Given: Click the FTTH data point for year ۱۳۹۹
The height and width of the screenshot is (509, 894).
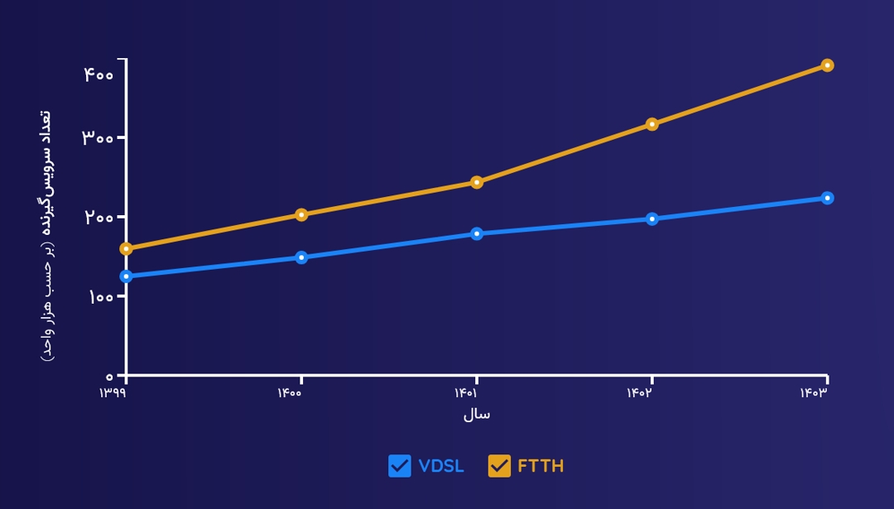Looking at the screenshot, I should tap(126, 248).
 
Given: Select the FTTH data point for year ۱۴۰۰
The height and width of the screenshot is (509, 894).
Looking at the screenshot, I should tap(301, 214).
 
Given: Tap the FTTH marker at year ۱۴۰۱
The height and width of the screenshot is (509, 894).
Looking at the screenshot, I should tap(477, 182).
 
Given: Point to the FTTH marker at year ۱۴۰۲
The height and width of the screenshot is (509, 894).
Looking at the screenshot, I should tap(652, 124).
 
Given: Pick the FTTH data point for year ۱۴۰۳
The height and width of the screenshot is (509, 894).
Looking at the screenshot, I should tap(827, 65).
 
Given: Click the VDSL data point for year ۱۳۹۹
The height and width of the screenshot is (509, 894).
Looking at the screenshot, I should tap(126, 276).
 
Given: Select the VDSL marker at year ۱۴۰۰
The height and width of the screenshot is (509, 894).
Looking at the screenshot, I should tap(301, 257).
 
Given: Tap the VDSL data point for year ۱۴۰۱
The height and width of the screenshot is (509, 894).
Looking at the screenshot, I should tap(477, 233).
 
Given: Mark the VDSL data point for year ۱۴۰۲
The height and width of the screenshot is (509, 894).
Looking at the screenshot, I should tap(652, 219).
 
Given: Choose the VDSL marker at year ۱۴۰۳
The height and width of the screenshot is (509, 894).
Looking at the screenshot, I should tap(827, 198).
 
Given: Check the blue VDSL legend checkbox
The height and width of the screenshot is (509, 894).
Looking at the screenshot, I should tap(400, 466).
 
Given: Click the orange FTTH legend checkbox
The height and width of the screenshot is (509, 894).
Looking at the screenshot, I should tap(499, 466).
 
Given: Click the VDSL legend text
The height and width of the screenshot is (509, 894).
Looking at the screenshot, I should tap(441, 466).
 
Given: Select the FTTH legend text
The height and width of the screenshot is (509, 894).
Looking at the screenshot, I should tap(541, 466).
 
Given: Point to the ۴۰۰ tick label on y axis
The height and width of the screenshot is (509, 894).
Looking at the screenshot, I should tap(99, 74).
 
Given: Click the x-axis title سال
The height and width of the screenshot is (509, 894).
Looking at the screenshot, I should tap(476, 414).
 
